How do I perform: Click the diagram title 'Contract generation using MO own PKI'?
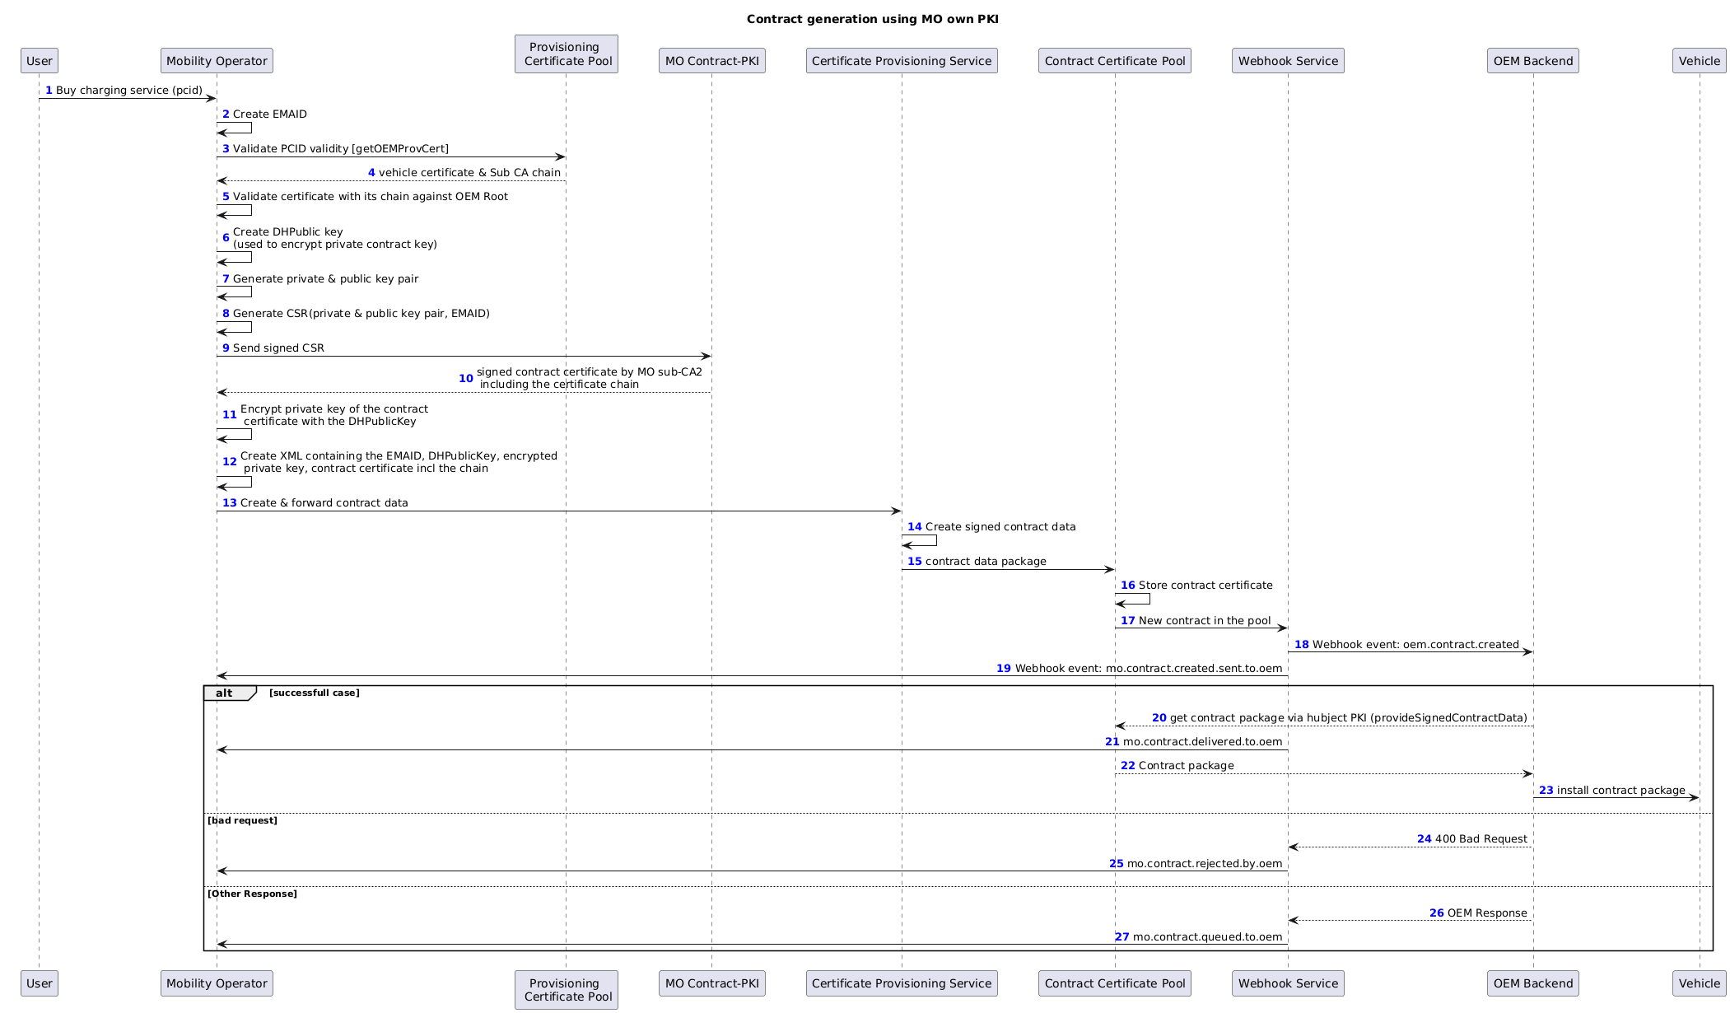[872, 19]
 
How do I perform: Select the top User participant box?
[40, 61]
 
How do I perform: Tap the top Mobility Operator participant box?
[217, 61]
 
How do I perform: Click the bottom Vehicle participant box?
[1700, 983]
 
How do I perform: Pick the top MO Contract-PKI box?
[712, 61]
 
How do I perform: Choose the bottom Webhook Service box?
[1288, 983]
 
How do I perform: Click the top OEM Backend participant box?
[1533, 61]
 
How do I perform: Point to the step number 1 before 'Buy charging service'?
[49, 90]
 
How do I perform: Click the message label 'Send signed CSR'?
[278, 348]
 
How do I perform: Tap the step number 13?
[230, 503]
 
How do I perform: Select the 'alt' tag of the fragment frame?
[224, 693]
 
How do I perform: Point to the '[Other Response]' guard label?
[252, 894]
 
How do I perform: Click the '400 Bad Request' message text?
[1481, 839]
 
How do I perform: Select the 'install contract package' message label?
[1621, 791]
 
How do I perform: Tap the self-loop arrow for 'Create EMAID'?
[235, 128]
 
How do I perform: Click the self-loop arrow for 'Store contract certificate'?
[1133, 599]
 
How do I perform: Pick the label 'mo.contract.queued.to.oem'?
[1208, 937]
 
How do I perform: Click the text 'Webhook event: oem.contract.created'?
[1415, 645]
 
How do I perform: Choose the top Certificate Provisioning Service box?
[902, 61]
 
